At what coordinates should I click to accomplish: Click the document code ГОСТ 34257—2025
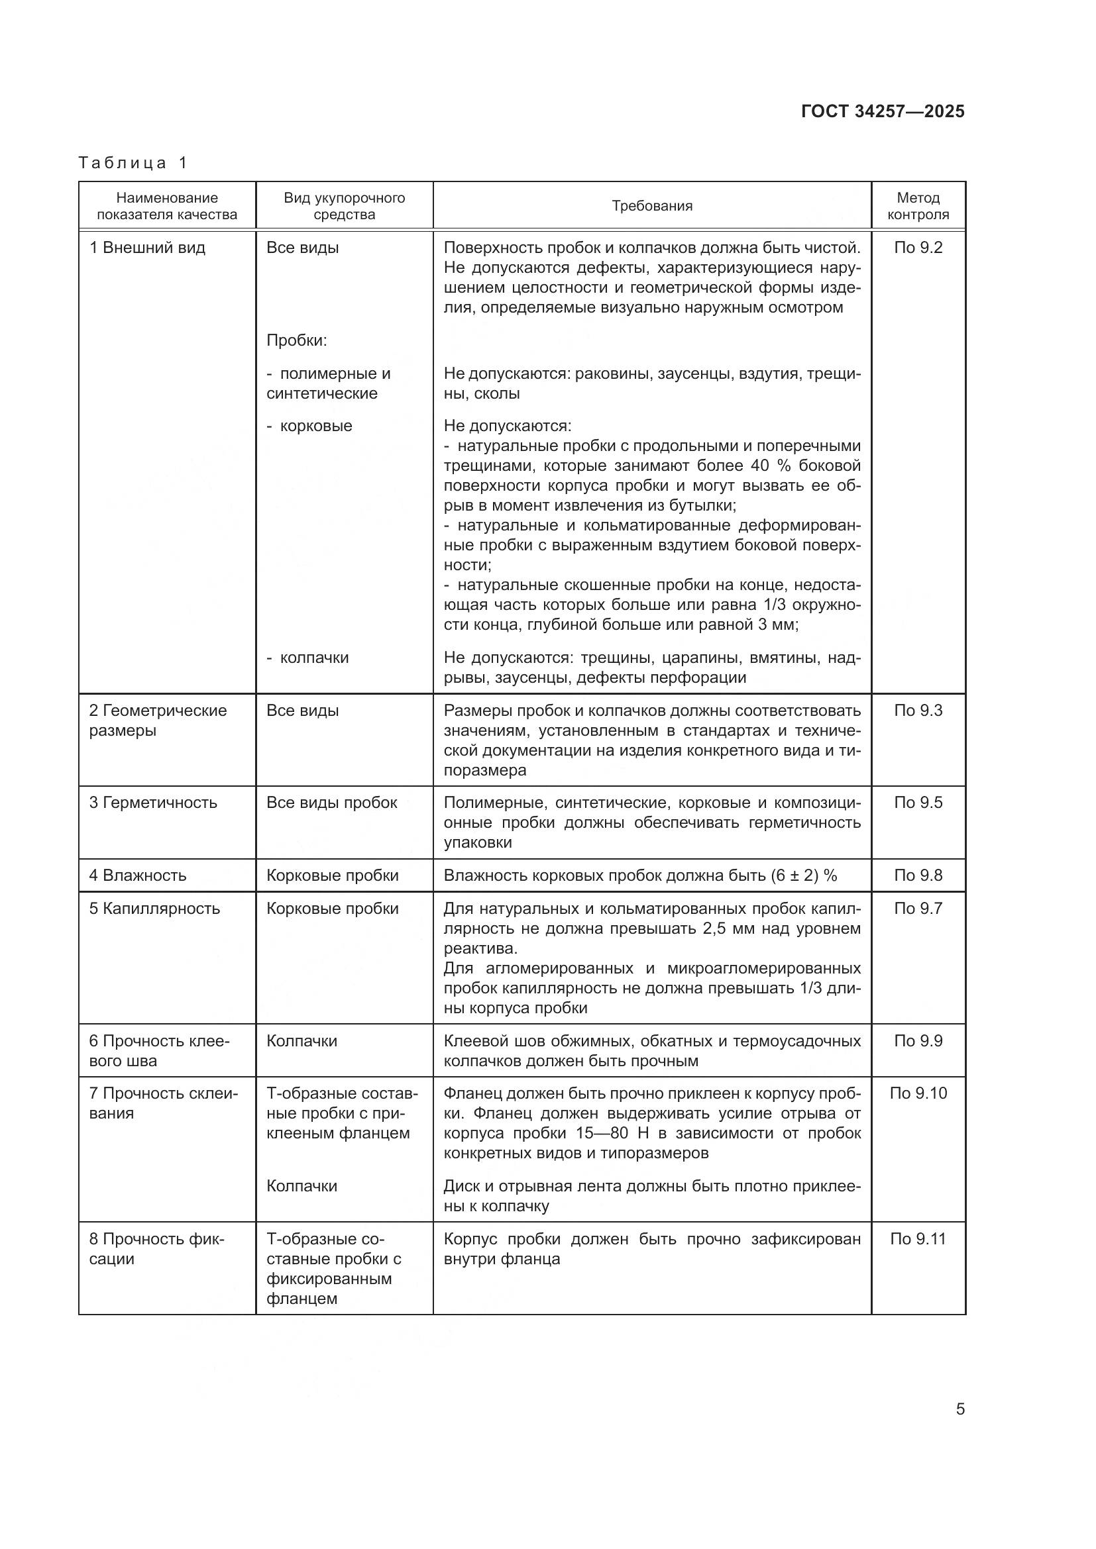[x=883, y=111]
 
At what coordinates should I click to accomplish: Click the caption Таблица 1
[x=133, y=163]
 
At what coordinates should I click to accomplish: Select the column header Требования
[x=652, y=206]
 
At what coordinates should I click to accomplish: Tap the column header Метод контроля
[x=918, y=206]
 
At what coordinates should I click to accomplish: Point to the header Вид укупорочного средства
[x=344, y=206]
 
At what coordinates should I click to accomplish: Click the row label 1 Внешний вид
[x=147, y=248]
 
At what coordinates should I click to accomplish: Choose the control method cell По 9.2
[x=918, y=248]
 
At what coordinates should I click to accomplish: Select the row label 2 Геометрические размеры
[x=158, y=721]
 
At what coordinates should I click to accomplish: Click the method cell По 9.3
[x=918, y=711]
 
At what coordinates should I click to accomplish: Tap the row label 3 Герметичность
[x=153, y=802]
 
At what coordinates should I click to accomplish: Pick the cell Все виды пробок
[x=332, y=802]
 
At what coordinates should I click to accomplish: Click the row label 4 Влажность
[x=138, y=875]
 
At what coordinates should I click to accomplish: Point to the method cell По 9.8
[x=918, y=875]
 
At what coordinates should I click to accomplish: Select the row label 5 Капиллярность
[x=154, y=908]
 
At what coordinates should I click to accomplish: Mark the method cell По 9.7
[x=918, y=908]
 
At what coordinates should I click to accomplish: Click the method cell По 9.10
[x=918, y=1093]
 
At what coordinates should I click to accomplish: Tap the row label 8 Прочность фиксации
[x=156, y=1249]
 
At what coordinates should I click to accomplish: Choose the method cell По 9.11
[x=918, y=1238]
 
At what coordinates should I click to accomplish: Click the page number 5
[x=959, y=1409]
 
